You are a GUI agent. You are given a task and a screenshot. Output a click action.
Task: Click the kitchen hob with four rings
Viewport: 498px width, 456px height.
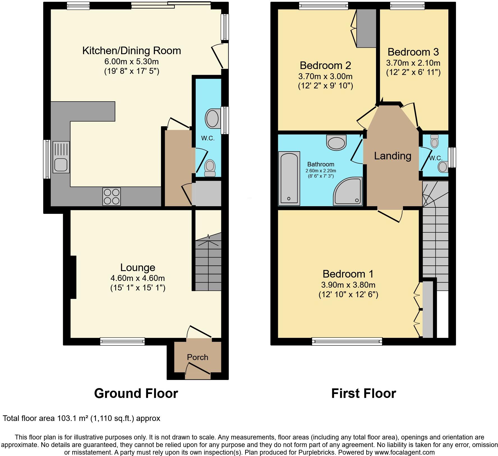pos(112,196)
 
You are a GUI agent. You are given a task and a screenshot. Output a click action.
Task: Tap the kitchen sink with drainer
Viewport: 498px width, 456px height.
pos(61,157)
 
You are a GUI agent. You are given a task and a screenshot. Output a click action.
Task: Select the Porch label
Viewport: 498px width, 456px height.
pos(197,357)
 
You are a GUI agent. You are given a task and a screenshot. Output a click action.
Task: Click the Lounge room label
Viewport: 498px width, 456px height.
pos(138,267)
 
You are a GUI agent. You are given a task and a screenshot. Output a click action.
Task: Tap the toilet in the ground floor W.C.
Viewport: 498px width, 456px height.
pos(210,168)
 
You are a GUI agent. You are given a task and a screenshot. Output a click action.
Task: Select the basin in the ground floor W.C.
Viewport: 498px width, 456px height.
pos(212,118)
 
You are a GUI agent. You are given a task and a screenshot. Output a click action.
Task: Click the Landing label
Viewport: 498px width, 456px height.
pos(393,156)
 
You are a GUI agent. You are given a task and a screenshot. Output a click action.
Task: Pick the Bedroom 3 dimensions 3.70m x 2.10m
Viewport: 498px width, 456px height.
pos(413,63)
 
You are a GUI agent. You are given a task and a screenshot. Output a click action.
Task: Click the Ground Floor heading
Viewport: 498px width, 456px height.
pos(136,393)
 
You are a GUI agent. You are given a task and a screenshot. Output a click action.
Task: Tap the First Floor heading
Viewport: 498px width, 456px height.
pos(363,393)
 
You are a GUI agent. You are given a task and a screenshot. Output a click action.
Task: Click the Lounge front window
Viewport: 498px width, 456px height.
pos(123,341)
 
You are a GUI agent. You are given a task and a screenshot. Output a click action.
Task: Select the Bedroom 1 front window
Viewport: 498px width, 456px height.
pos(347,341)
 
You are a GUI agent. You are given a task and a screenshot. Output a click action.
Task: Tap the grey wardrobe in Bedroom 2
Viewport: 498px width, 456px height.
pos(366,28)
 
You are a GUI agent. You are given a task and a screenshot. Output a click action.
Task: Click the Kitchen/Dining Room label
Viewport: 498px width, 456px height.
pos(132,51)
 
